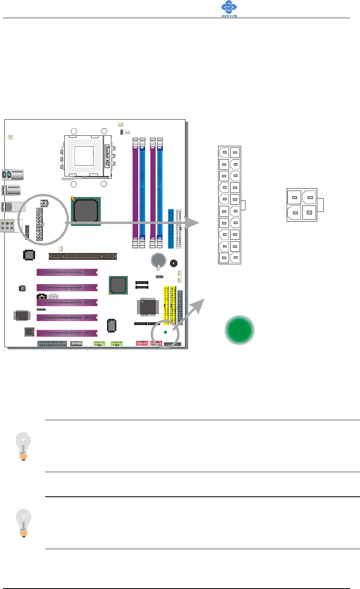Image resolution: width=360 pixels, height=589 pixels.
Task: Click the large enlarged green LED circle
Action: click(239, 330)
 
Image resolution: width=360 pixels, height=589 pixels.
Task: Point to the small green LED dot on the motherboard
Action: click(165, 332)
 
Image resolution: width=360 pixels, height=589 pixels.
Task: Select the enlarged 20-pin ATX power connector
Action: click(229, 205)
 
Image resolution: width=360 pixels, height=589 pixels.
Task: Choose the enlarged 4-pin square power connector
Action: click(302, 205)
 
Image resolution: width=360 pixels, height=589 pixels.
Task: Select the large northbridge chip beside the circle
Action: click(85, 210)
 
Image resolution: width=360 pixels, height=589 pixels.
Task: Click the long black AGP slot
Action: click(83, 256)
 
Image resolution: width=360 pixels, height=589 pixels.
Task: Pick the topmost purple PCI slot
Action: click(67, 272)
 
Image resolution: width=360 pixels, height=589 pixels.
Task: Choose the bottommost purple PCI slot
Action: click(67, 333)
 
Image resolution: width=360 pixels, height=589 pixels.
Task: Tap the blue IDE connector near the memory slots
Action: click(171, 228)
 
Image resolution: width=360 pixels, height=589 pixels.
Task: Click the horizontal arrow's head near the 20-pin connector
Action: click(197, 222)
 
